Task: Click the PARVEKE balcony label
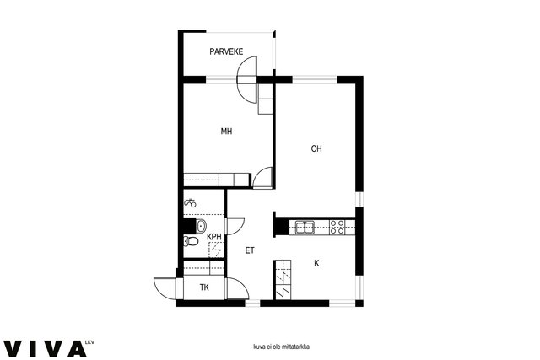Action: pos(226,51)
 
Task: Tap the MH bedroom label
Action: pos(226,132)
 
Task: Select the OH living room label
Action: pos(316,148)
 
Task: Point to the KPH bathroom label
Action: pos(213,237)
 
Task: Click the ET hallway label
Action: pos(250,250)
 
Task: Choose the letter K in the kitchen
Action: pos(316,263)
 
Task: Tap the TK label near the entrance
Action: pos(204,287)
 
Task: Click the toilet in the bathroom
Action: pos(191,241)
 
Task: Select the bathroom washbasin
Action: pos(201,226)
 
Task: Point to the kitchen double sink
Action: pos(305,228)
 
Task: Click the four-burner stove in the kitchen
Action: pos(337,227)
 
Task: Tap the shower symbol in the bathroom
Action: pos(190,203)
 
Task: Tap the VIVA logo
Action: pos(45,349)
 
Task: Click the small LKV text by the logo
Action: pos(89,342)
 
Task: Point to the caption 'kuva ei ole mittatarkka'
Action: pos(281,347)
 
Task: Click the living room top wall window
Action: pos(315,80)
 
